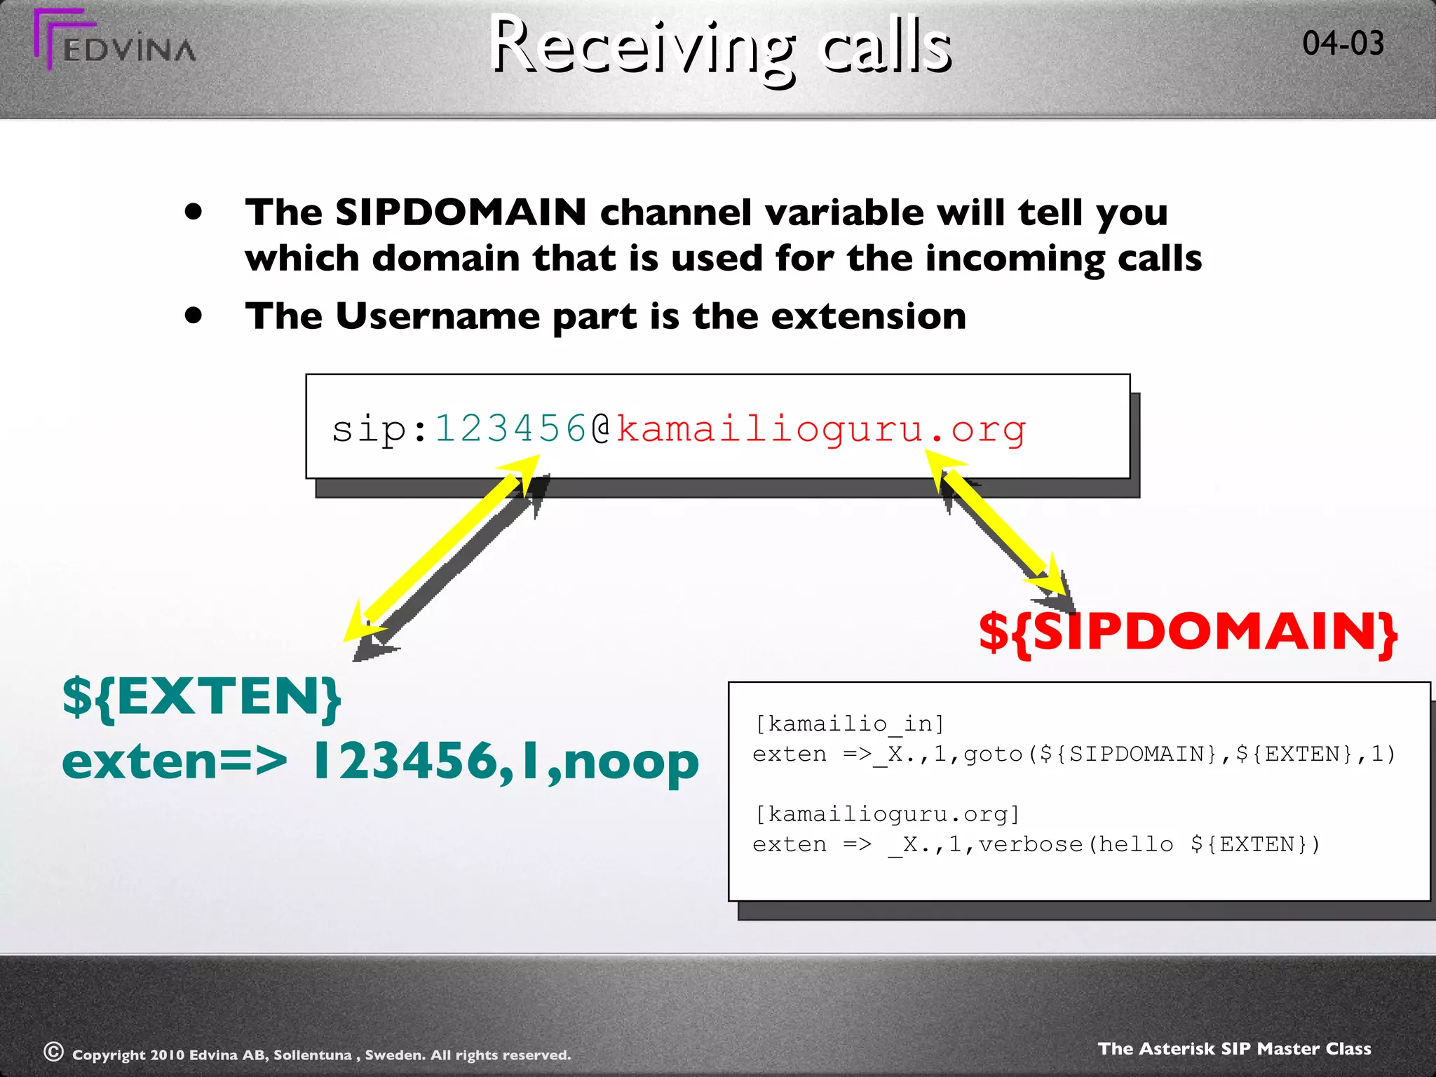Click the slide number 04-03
click(1343, 43)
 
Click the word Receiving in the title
click(642, 46)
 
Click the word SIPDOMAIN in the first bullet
click(461, 212)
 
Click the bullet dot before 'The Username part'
click(194, 316)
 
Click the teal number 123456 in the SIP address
click(510, 428)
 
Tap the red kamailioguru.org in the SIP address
click(820, 428)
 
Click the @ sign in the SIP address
click(601, 428)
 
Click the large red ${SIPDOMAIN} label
click(1188, 632)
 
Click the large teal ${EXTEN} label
click(202, 697)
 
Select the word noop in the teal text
click(631, 761)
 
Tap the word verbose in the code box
click(1031, 844)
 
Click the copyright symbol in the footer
click(54, 1052)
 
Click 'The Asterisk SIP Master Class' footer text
click(1234, 1048)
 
